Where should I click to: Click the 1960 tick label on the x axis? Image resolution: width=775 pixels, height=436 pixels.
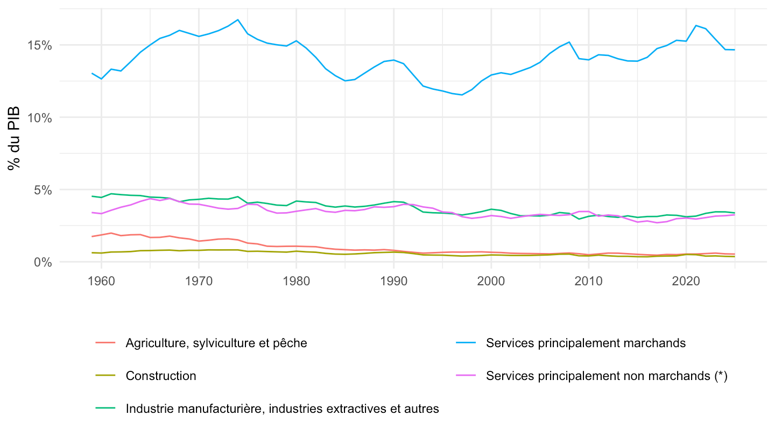(x=101, y=281)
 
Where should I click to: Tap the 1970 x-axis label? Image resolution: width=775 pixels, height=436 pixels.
(x=199, y=281)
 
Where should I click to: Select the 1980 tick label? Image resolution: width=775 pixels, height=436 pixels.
(x=296, y=281)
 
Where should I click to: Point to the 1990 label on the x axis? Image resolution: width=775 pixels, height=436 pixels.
(x=394, y=281)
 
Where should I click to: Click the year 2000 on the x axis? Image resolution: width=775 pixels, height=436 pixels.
(x=491, y=281)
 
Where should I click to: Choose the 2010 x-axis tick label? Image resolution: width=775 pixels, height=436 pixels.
(x=589, y=281)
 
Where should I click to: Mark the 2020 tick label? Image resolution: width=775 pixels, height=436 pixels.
(x=686, y=281)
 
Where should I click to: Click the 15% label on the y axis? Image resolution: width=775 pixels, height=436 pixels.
(x=40, y=45)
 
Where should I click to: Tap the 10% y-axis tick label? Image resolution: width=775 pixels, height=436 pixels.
(x=40, y=118)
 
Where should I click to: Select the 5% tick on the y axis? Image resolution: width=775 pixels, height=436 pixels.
(x=43, y=190)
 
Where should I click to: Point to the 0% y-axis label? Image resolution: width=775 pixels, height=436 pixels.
(x=43, y=262)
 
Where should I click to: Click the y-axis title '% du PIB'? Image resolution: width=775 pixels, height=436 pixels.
(x=14, y=138)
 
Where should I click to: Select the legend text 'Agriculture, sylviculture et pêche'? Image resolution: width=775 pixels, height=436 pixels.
(x=216, y=343)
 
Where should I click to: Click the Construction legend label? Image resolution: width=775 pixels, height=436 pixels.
(x=161, y=376)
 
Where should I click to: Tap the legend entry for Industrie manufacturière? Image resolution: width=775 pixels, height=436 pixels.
(x=283, y=409)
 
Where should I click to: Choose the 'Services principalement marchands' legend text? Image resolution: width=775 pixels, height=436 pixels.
(x=586, y=343)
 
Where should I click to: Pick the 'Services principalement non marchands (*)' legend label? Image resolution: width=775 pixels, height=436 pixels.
(x=607, y=376)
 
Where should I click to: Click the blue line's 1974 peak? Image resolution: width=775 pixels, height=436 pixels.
(x=238, y=20)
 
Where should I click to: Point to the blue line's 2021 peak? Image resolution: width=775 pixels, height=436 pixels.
(x=696, y=25)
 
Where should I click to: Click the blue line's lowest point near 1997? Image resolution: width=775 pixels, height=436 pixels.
(x=462, y=95)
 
